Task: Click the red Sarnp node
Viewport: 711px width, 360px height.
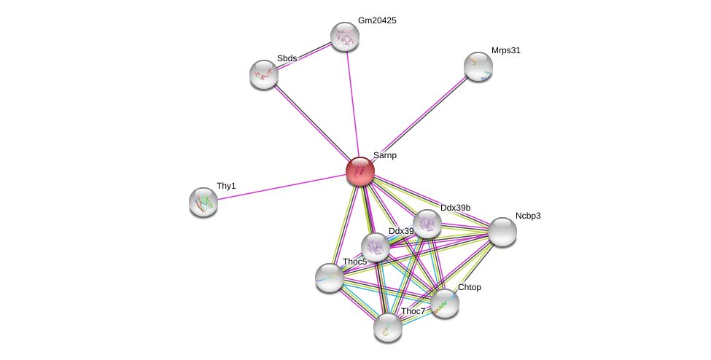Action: coord(360,171)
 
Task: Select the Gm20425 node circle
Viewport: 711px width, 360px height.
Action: coord(344,36)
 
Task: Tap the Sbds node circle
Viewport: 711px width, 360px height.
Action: coord(263,74)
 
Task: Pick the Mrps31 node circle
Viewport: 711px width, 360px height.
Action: coord(478,66)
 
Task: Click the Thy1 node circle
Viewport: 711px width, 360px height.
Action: coord(203,202)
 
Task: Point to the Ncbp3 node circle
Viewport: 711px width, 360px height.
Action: coord(502,232)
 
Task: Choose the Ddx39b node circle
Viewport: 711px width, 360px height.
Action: coord(427,224)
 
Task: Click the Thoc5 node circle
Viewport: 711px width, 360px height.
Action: coord(329,278)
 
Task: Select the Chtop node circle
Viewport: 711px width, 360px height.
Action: coord(444,303)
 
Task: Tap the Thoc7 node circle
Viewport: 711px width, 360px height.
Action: coord(387,327)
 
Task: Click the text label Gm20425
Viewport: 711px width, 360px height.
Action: coord(377,20)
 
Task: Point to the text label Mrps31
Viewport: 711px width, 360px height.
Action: coord(506,50)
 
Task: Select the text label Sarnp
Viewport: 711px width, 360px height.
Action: coord(385,155)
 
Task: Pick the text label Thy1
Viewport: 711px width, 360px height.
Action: coord(226,186)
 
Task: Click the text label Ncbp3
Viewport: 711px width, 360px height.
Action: coord(528,216)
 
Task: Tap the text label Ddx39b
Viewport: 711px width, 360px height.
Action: coord(455,208)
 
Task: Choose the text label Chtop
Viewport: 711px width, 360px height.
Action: coord(470,287)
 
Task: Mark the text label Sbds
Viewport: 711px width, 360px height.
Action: coord(287,58)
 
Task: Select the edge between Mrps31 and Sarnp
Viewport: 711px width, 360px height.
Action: coord(419,119)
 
